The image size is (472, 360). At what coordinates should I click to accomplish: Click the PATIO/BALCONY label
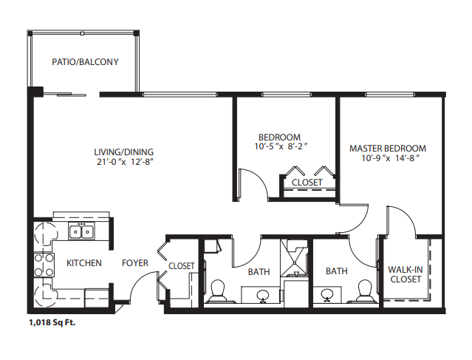(85, 62)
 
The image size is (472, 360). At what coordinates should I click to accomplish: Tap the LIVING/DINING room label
(123, 152)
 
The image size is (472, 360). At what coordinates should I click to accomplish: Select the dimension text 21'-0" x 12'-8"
(126, 162)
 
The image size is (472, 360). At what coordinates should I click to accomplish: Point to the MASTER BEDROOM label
(388, 149)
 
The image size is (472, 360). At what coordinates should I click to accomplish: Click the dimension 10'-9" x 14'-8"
(391, 158)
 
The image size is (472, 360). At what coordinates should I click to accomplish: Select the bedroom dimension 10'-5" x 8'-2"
(281, 146)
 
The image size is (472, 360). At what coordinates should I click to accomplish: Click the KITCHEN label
(84, 263)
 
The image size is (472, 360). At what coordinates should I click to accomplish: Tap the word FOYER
(135, 263)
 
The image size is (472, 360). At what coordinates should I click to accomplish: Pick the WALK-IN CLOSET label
(406, 274)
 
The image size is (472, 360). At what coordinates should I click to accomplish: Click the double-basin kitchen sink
(81, 231)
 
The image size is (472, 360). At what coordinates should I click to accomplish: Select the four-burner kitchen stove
(44, 265)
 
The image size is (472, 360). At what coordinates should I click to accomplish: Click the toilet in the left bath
(217, 291)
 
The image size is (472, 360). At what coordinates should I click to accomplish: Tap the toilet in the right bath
(365, 291)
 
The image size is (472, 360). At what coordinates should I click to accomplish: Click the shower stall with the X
(295, 258)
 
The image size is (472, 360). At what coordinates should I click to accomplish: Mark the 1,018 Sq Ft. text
(52, 322)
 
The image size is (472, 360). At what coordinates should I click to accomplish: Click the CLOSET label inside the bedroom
(307, 183)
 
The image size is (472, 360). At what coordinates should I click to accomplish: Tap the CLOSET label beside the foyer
(182, 266)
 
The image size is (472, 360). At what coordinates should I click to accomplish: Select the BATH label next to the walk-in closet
(337, 271)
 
